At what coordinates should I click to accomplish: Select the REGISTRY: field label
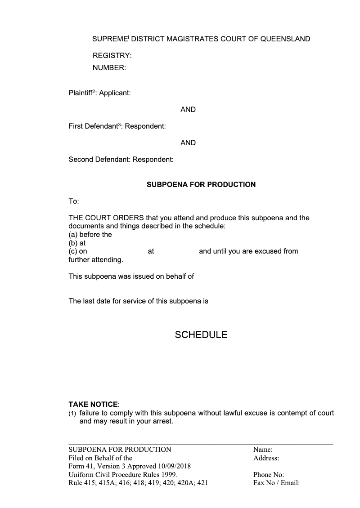click(112, 56)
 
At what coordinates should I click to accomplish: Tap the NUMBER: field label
click(109, 68)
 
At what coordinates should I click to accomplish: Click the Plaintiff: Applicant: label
click(99, 94)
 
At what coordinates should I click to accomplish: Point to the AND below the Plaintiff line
click(188, 110)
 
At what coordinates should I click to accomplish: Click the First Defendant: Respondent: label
click(117, 127)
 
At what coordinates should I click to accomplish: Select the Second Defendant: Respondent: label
click(121, 160)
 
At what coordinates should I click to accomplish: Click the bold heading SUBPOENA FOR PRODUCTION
click(201, 185)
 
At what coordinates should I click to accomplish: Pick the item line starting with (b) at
click(77, 243)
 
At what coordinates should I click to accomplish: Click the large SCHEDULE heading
click(201, 335)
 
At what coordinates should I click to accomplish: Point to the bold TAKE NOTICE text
click(93, 405)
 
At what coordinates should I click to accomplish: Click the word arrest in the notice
click(161, 422)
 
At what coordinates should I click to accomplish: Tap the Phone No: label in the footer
click(269, 475)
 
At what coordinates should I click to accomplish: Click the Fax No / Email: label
click(276, 483)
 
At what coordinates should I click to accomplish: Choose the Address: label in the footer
click(266, 459)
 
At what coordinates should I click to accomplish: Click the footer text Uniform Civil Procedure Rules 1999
click(123, 475)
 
